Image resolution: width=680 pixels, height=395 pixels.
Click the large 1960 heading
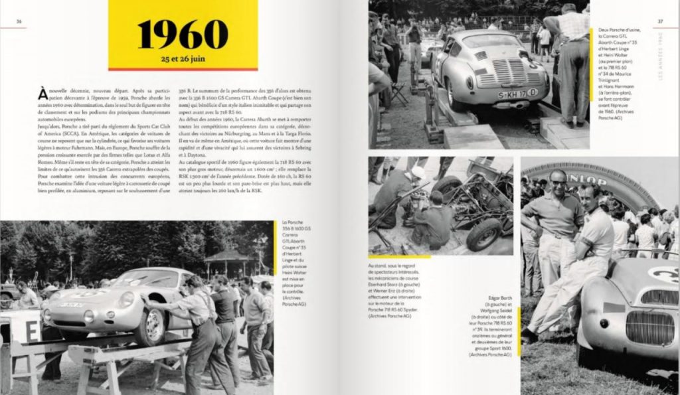pos(183,34)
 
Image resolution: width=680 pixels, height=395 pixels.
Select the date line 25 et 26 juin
pos(183,58)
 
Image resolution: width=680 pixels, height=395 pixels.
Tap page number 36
pos(19,21)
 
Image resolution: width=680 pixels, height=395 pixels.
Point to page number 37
pos(661,21)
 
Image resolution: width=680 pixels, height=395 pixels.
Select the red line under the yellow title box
pos(183,69)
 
